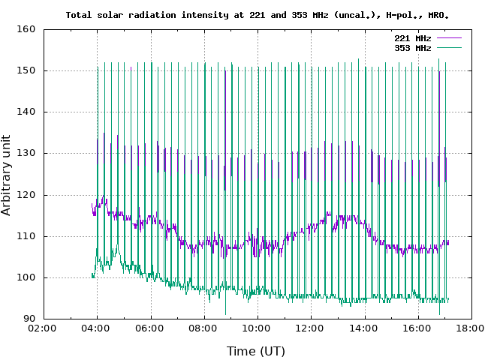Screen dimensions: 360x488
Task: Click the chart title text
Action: click(258, 14)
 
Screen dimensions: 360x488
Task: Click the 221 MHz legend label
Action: click(412, 37)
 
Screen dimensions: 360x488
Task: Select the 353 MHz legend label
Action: click(412, 48)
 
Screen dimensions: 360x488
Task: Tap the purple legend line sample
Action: click(447, 37)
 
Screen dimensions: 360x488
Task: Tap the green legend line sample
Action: click(447, 48)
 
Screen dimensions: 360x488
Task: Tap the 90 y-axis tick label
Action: click(29, 319)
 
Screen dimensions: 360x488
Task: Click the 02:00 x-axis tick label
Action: click(43, 328)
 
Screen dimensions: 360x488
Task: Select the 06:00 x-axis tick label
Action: click(150, 328)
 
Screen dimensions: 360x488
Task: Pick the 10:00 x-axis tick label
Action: click(257, 328)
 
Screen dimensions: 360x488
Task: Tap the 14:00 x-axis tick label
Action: click(364, 328)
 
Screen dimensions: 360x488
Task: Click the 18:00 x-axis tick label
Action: click(471, 328)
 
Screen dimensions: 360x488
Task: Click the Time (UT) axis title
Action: click(256, 350)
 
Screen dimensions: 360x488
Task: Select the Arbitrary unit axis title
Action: click(7, 175)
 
